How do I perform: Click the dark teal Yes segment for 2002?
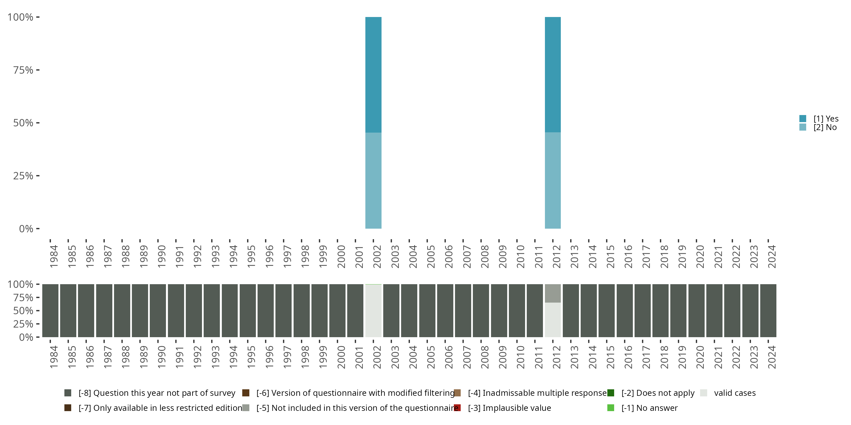coord(373,75)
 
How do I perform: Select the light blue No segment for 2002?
coord(373,180)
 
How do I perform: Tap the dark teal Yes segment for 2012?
coord(553,75)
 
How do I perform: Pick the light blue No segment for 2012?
coord(553,180)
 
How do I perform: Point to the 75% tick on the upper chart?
coord(23,70)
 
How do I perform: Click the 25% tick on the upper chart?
coord(23,176)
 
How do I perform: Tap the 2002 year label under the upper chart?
coord(377,256)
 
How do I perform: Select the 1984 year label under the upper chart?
coord(54,256)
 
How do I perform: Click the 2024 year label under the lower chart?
coord(772,357)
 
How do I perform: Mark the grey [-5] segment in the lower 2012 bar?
coord(553,293)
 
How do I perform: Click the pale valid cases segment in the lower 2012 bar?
coord(553,320)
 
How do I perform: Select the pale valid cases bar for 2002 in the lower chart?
coord(373,311)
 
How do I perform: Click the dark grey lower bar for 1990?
coord(158,311)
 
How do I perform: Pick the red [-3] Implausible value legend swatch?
coord(458,408)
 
